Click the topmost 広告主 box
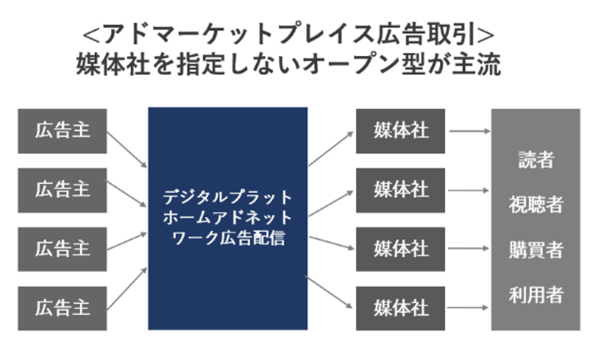click(62, 131)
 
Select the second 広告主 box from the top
click(62, 190)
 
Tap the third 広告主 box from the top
click(62, 248)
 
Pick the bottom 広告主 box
click(62, 307)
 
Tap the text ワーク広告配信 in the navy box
click(228, 238)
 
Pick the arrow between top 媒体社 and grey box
click(468, 131)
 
